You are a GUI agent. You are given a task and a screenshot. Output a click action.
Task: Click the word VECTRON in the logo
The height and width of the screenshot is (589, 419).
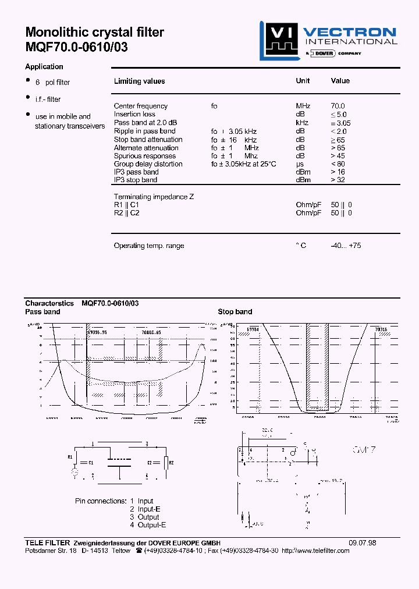tap(350, 32)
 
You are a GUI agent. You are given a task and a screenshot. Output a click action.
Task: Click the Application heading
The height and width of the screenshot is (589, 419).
tap(44, 67)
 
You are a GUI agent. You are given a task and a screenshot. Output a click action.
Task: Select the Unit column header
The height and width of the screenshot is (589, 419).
tap(303, 81)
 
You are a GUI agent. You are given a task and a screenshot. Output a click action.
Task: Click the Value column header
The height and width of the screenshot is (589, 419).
tap(340, 81)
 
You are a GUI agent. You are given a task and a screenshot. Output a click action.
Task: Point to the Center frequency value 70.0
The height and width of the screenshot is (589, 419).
tap(338, 106)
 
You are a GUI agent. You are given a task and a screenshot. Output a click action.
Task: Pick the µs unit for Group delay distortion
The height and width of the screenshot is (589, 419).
tap(300, 164)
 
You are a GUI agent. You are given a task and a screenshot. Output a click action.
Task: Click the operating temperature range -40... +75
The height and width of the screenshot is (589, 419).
tap(346, 246)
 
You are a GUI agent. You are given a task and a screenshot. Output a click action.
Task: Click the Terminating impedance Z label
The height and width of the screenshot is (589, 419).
tap(154, 197)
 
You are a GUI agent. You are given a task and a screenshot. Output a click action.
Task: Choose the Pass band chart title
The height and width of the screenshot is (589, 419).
tap(42, 312)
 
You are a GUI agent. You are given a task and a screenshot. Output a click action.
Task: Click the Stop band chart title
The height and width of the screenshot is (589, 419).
tap(235, 312)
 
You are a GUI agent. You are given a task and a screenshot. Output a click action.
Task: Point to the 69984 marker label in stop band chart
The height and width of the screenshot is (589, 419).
tap(253, 329)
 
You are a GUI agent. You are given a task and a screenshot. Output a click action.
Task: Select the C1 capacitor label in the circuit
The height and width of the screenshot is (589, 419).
tap(91, 463)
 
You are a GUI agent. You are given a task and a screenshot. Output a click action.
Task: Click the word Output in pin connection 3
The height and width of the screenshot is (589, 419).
tap(148, 517)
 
